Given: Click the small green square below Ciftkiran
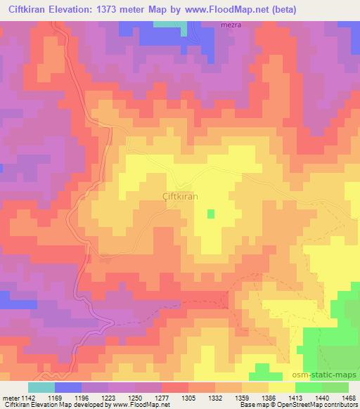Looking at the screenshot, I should pyautogui.click(x=210, y=214).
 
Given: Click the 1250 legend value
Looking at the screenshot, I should pyautogui.click(x=134, y=397).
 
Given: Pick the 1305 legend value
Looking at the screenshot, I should pyautogui.click(x=188, y=397).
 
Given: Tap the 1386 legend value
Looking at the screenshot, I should pyautogui.click(x=269, y=397).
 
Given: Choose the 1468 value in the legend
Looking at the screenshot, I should pyautogui.click(x=349, y=397).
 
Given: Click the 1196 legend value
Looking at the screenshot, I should pyautogui.click(x=81, y=397).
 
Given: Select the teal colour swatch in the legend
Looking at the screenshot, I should pyautogui.click(x=41, y=387).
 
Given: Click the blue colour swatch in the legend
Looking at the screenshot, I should pyautogui.click(x=67, y=387).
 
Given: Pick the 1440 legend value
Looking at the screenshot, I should pyautogui.click(x=322, y=397).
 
